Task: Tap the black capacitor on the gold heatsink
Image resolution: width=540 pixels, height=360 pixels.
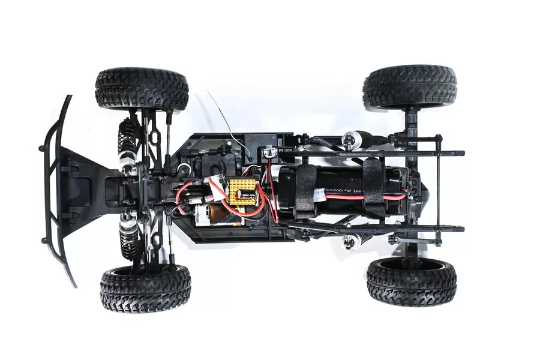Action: pyautogui.click(x=247, y=194)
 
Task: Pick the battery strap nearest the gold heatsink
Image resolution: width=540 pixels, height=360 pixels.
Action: pyautogui.click(x=307, y=190)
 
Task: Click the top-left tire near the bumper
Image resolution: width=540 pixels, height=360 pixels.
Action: pyautogui.click(x=142, y=89)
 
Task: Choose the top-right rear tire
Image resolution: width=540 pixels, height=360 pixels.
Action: pyautogui.click(x=410, y=86)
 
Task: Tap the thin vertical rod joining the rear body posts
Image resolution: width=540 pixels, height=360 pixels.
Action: pyautogui.click(x=438, y=192)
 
